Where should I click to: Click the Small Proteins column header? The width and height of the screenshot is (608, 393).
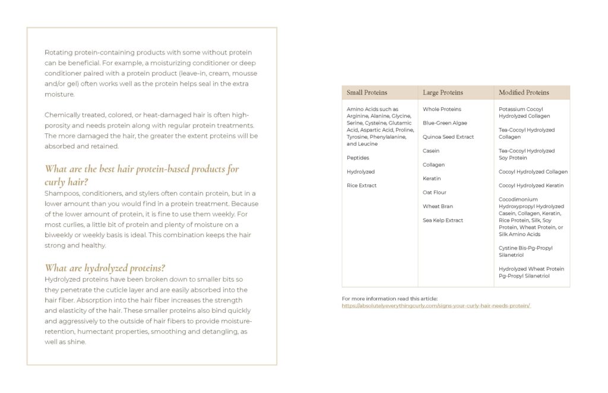367,92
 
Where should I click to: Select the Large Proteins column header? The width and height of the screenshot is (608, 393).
442,92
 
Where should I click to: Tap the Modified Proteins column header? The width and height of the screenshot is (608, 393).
524,92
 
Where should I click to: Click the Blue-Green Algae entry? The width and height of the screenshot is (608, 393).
445,123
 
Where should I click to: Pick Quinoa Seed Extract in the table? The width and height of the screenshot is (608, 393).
448,137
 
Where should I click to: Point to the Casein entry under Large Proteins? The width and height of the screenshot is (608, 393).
431,151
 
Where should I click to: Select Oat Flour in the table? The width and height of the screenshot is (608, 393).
435,193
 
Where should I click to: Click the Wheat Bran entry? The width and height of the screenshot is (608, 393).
438,206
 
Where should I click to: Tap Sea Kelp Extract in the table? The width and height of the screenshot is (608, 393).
443,221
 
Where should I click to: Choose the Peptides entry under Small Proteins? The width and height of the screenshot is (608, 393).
358,158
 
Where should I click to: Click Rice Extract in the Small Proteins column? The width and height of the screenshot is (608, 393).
362,186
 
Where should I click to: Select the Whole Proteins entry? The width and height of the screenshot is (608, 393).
442,109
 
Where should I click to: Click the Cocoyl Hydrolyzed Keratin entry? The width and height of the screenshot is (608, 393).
531,186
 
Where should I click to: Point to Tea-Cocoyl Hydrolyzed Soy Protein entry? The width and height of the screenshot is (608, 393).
527,154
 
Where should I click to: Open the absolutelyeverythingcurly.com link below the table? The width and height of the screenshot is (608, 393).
436,306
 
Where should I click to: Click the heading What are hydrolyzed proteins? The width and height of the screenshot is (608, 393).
105,268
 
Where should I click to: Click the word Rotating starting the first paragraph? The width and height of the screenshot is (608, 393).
58,52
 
